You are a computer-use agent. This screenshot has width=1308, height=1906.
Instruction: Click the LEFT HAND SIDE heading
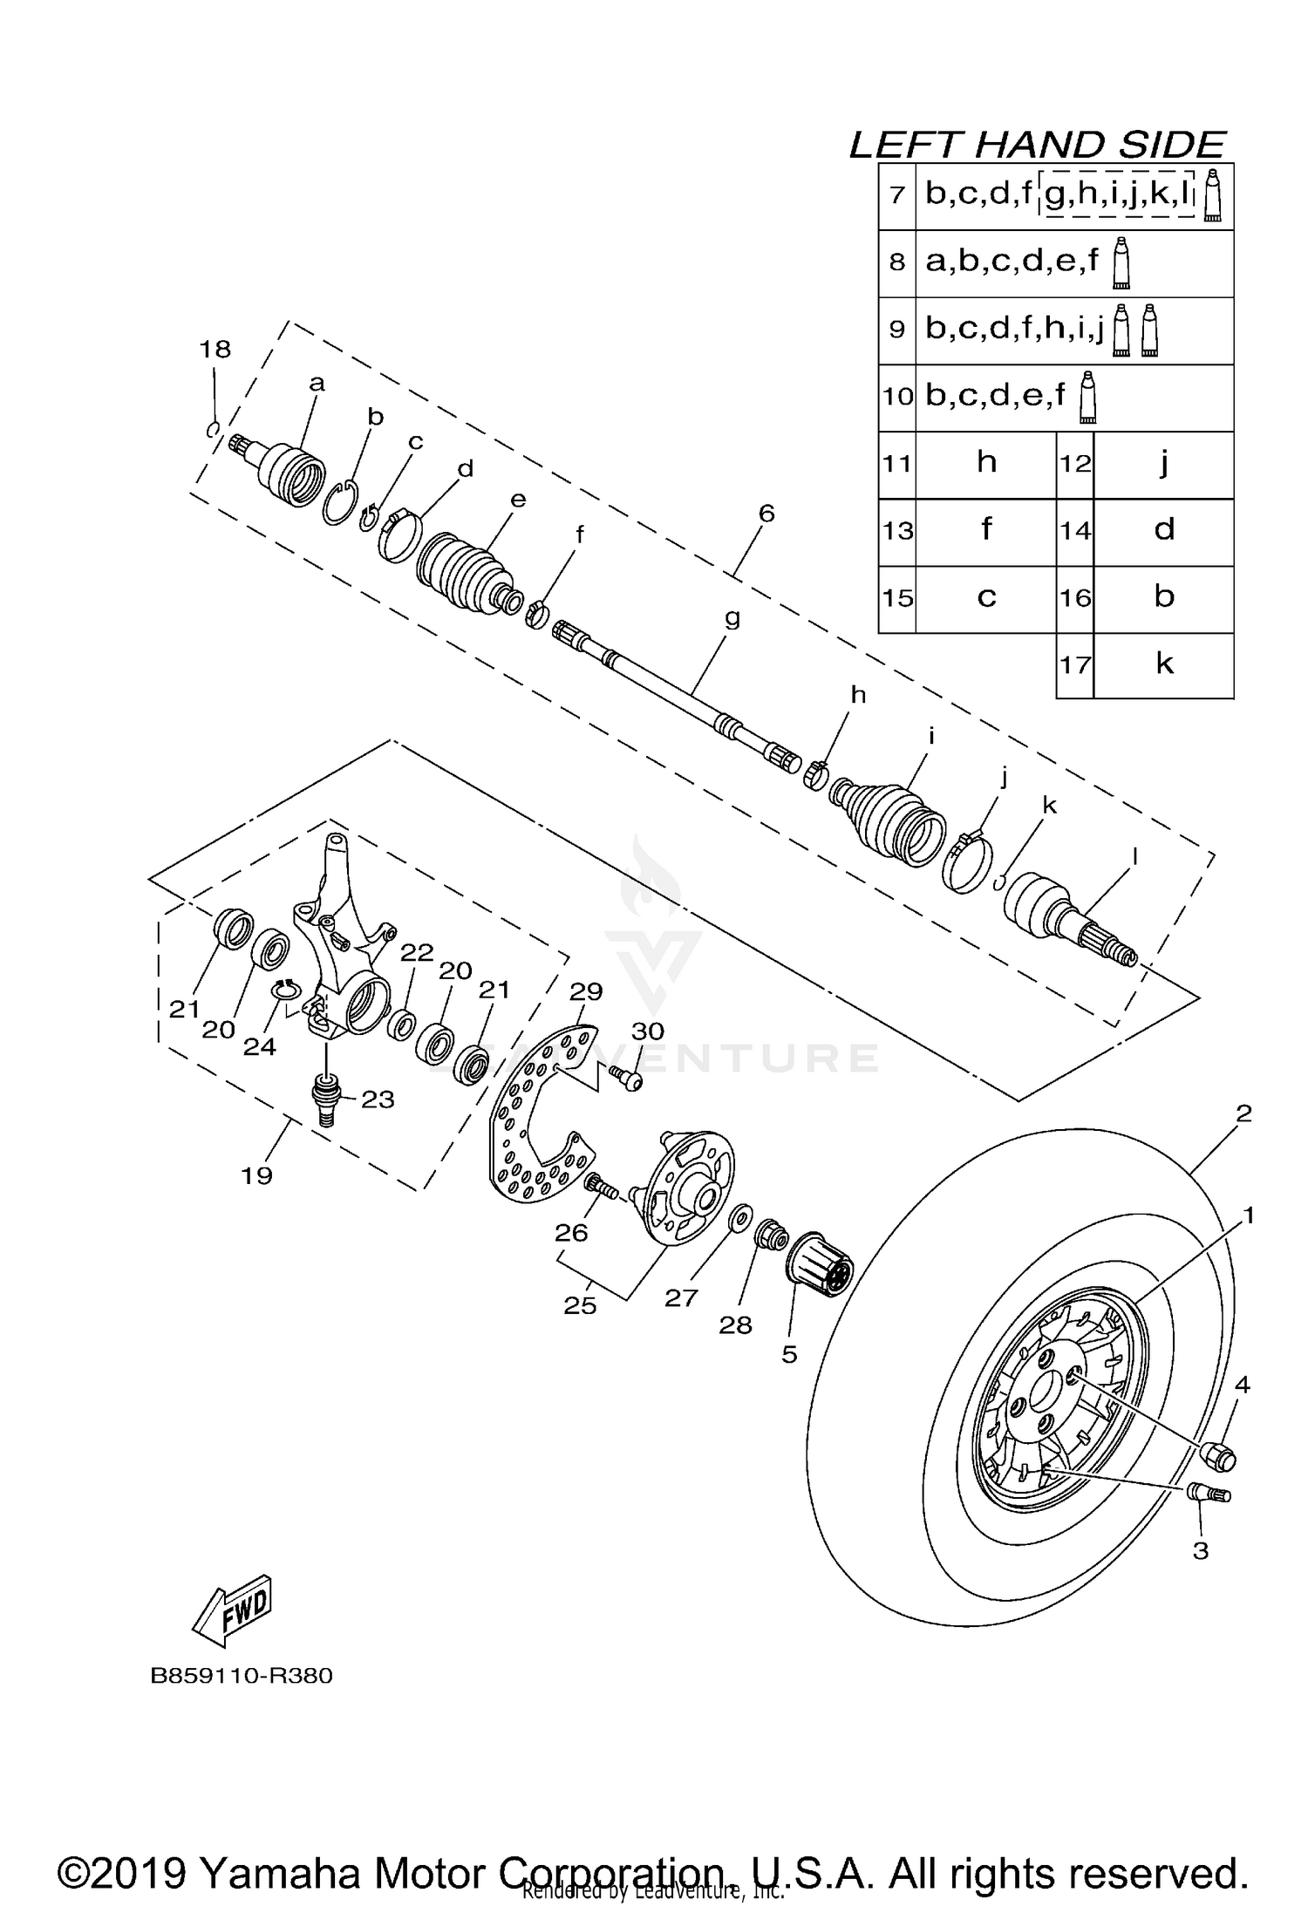(x=1038, y=145)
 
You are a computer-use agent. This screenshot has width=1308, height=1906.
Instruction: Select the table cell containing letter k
(x=1163, y=665)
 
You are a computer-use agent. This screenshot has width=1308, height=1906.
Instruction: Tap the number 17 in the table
(x=1074, y=665)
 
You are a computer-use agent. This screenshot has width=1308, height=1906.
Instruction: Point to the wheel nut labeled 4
(x=1217, y=1454)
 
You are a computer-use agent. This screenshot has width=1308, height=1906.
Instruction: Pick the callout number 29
(x=586, y=991)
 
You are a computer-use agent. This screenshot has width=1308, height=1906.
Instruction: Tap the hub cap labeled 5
(x=820, y=1270)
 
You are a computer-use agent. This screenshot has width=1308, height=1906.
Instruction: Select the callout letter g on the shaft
(x=732, y=617)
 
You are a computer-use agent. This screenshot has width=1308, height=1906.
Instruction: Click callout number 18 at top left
(x=215, y=349)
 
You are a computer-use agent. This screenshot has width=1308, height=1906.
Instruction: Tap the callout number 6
(x=766, y=513)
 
